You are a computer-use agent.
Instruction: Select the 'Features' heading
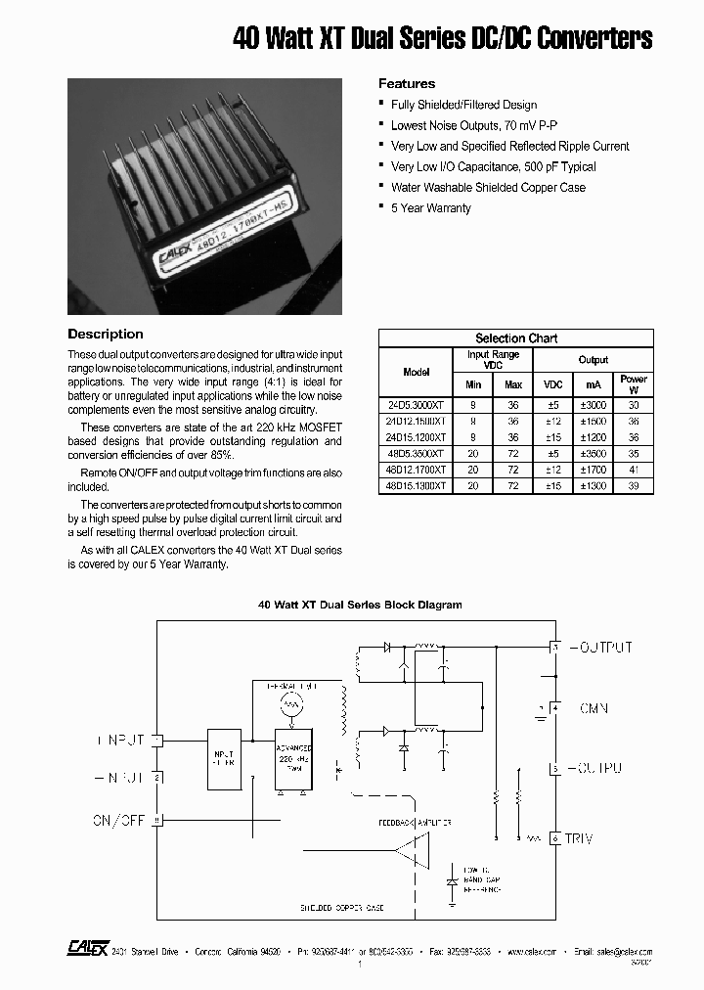pos(407,84)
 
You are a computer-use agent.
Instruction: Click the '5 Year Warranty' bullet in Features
pos(430,208)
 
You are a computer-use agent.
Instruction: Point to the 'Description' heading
pos(106,335)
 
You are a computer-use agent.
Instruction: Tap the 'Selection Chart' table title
pos(515,338)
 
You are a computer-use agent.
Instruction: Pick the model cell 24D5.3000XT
pos(416,405)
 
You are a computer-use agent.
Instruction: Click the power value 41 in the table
pos(633,470)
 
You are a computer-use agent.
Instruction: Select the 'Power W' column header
pos(633,383)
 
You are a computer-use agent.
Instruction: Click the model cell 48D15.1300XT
pos(416,486)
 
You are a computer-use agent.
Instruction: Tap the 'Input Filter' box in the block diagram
pos(225,759)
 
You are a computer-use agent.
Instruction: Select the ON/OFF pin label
pos(118,821)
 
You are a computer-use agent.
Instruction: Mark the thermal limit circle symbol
pos(288,705)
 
